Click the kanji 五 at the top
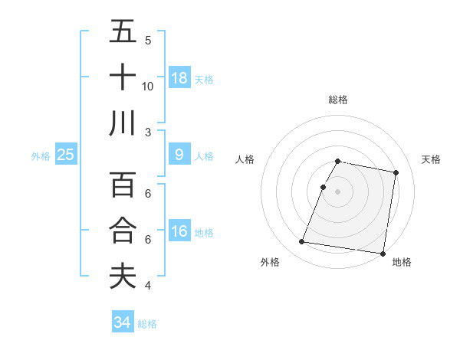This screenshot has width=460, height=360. point(123,31)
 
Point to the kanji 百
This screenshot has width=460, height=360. point(123,185)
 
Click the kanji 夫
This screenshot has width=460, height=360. point(123,276)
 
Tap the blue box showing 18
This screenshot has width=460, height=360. point(179,77)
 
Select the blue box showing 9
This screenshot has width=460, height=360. point(179,155)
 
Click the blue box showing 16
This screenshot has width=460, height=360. point(179,231)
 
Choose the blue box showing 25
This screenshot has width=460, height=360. point(66,155)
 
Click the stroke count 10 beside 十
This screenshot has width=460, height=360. point(148,86)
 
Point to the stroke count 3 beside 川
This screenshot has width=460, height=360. point(148,132)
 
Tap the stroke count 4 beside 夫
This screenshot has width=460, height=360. point(148,286)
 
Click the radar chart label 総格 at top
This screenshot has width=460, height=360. point(338,100)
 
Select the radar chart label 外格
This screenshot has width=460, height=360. point(270,262)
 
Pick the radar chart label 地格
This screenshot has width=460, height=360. point(402,262)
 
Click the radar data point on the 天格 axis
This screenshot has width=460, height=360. point(396,173)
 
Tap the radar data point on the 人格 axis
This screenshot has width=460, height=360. point(324,187)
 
